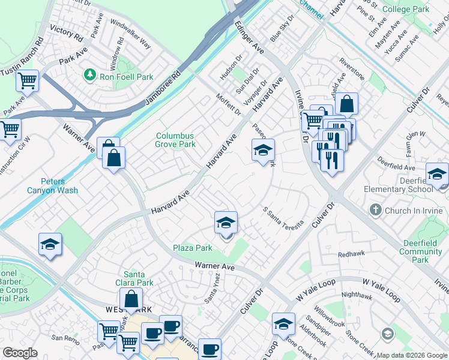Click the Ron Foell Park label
[126, 77]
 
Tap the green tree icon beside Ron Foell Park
[90, 74]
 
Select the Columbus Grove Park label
[175, 140]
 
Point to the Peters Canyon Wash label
[52, 186]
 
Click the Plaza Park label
[193, 248]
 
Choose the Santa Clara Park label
[139, 278]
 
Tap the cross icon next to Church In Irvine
[375, 210]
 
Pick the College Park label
[405, 9]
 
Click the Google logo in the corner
[20, 353]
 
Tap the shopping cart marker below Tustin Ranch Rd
[27, 79]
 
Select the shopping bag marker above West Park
[130, 298]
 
